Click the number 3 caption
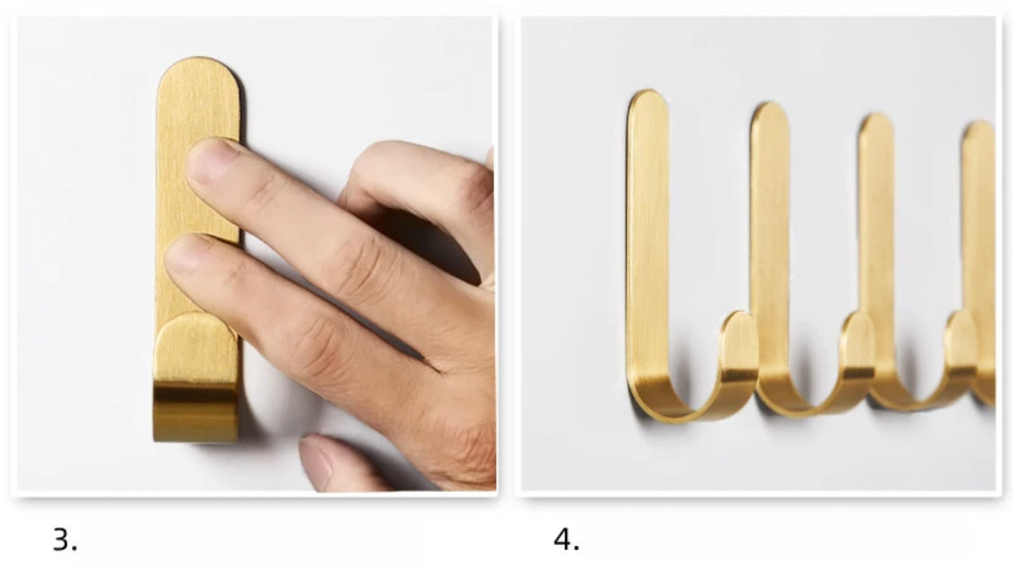pyautogui.click(x=65, y=539)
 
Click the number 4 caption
pyautogui.click(x=566, y=539)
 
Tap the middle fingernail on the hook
pyautogui.click(x=184, y=254)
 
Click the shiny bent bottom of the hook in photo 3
pyautogui.click(x=195, y=412)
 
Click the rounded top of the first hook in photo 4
pyautogui.click(x=648, y=104)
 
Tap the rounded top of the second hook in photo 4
pyautogui.click(x=770, y=116)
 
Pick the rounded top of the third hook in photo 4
pyautogui.click(x=877, y=127)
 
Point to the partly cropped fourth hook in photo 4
pyautogui.click(x=980, y=258)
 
